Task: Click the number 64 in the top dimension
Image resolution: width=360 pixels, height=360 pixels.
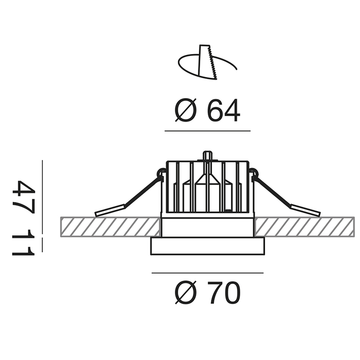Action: (224, 110)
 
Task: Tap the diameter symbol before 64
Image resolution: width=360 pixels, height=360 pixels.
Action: (186, 110)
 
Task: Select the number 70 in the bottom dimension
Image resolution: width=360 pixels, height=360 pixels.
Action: (224, 292)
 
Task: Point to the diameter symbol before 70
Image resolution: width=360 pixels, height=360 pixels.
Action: (186, 292)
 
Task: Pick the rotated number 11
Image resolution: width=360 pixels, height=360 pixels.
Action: (23, 243)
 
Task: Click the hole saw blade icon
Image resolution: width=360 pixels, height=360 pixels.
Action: (207, 63)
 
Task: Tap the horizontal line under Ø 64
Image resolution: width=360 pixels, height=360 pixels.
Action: (208, 131)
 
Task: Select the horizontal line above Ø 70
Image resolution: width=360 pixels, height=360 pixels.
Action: (208, 273)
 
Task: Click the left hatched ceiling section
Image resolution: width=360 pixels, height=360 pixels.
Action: (110, 227)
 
